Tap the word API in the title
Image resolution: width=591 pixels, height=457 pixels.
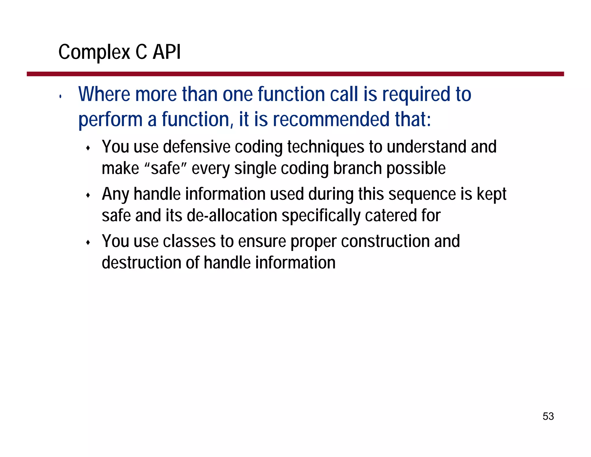click(167, 52)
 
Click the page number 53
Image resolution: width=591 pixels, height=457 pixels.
click(548, 416)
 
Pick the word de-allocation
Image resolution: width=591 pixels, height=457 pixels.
click(232, 216)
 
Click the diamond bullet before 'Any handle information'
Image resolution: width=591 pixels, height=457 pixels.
click(88, 196)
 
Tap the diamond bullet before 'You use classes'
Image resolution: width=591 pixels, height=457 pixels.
click(88, 243)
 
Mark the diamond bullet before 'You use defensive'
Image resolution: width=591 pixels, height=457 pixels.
click(88, 148)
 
